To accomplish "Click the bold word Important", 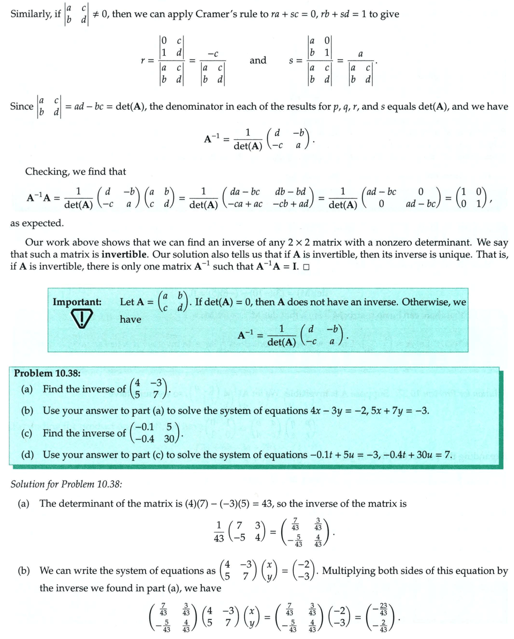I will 77,302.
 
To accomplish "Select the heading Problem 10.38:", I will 47,373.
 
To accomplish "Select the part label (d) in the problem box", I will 27,455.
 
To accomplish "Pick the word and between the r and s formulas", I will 258,60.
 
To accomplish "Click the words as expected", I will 37,223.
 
